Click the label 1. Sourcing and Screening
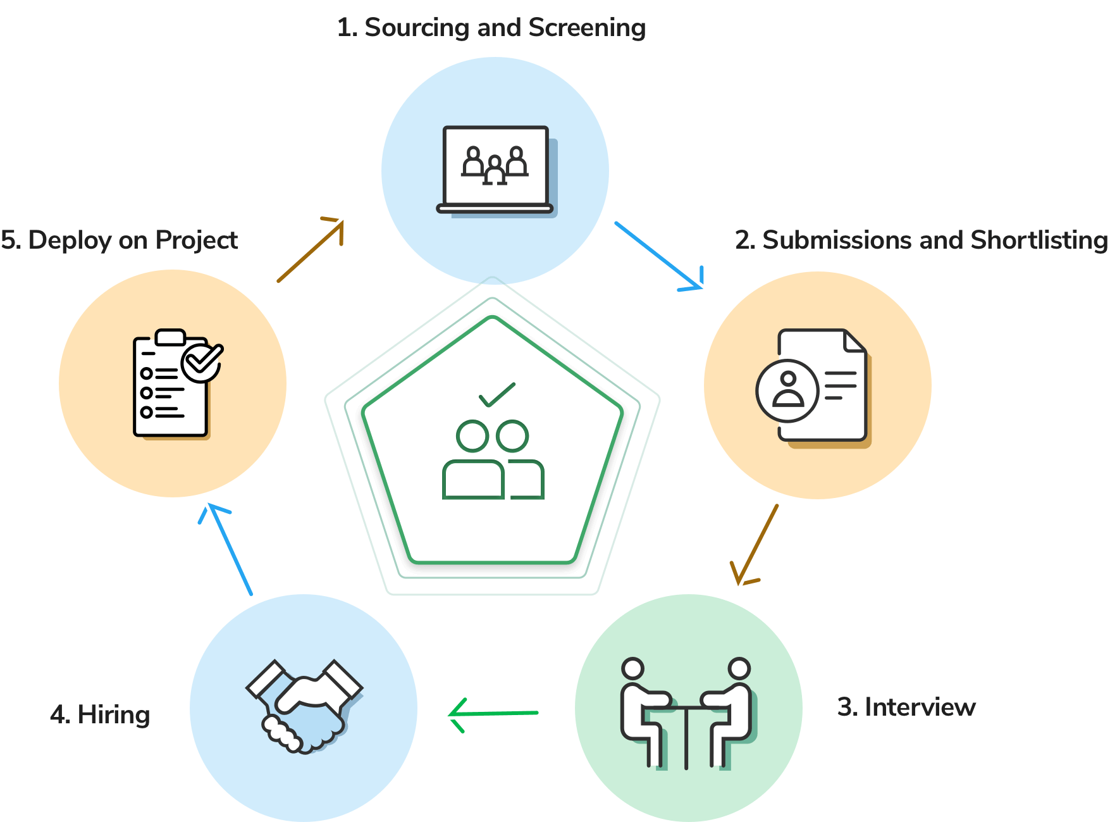pyautogui.click(x=491, y=28)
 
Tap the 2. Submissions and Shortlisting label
pyautogui.click(x=922, y=240)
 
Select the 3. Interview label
pyautogui.click(x=906, y=707)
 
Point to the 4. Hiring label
pyautogui.click(x=100, y=715)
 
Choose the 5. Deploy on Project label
pyautogui.click(x=119, y=240)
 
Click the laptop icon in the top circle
pyautogui.click(x=496, y=171)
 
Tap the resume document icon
pyautogui.click(x=813, y=388)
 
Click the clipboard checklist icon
pyautogui.click(x=178, y=383)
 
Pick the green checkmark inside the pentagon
pyautogui.click(x=496, y=395)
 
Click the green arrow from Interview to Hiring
pyautogui.click(x=493, y=714)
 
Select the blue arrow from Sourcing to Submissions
pyautogui.click(x=659, y=256)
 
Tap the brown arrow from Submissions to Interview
pyautogui.click(x=754, y=545)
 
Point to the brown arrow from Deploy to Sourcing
pyautogui.click(x=311, y=250)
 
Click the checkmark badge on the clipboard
pyautogui.click(x=202, y=362)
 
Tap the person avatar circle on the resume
pyautogui.click(x=787, y=390)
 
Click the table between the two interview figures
pyautogui.click(x=686, y=734)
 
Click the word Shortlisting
pyautogui.click(x=1039, y=240)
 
